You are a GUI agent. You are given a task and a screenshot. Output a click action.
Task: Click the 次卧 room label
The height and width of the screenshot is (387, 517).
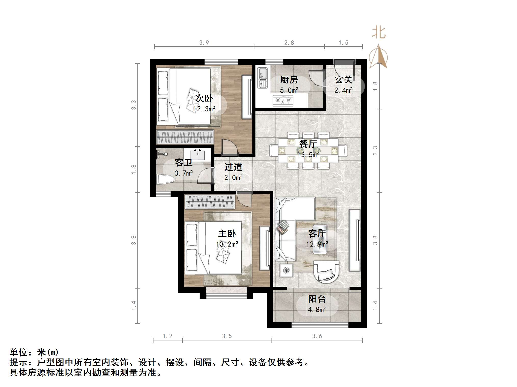point(204,98)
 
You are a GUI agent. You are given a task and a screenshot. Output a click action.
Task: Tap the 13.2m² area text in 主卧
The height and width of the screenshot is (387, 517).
point(227,244)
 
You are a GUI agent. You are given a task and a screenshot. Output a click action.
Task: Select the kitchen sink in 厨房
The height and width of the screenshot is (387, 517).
point(262,78)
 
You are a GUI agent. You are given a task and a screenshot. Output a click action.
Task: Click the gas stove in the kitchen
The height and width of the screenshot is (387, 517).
point(283,101)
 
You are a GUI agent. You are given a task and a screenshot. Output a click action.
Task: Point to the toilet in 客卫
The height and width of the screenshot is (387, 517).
point(166,180)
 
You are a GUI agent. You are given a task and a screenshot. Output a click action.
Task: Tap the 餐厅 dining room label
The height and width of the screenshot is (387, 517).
point(308,144)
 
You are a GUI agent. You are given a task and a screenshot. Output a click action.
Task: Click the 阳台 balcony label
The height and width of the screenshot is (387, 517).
point(317,299)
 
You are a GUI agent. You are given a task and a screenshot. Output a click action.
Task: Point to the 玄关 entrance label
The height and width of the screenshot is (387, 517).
point(343,80)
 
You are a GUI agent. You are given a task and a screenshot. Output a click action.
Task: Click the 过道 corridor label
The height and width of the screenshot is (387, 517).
point(233,167)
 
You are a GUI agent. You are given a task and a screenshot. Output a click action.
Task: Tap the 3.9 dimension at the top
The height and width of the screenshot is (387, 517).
point(204,43)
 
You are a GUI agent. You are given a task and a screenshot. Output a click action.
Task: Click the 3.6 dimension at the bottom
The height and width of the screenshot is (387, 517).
point(317,336)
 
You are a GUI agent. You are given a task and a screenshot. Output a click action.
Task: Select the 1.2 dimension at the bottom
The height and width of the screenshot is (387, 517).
point(167,336)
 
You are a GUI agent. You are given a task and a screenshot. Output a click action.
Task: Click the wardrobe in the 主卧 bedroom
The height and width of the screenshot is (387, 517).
point(210,202)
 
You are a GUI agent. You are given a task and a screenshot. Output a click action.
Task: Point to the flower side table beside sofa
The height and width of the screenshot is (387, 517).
point(286,270)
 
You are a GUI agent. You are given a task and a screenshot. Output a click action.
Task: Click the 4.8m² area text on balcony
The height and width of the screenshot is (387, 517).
point(317,310)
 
